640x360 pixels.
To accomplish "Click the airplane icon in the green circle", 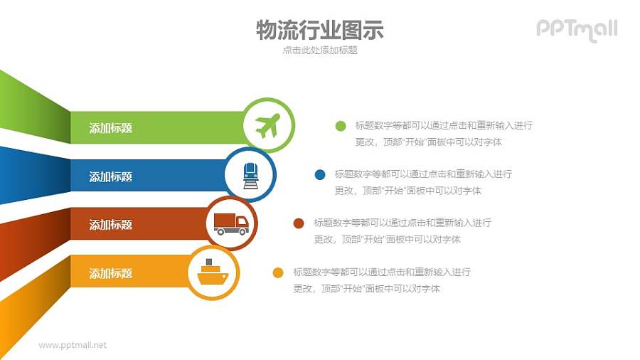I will click(x=267, y=126).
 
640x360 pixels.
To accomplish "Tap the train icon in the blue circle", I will click(x=250, y=174).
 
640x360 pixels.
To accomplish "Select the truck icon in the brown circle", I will click(x=231, y=223).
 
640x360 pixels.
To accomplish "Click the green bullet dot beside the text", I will click(x=341, y=127).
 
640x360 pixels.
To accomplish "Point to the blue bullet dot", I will click(x=320, y=174).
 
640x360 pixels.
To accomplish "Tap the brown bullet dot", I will click(x=299, y=223).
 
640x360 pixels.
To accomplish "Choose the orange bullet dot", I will click(x=278, y=272).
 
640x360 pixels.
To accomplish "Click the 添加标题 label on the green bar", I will click(x=110, y=128).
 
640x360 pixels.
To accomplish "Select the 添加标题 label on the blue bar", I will click(x=110, y=176).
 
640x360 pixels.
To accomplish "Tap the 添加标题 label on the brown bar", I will click(x=110, y=225).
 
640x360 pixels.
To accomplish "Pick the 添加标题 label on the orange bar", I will click(x=110, y=273).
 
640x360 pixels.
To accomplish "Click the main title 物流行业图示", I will click(x=319, y=30).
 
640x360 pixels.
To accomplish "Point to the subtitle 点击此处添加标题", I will click(x=319, y=51).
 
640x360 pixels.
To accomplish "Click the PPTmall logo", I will click(x=576, y=29).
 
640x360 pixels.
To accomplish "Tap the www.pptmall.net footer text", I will click(x=73, y=345).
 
